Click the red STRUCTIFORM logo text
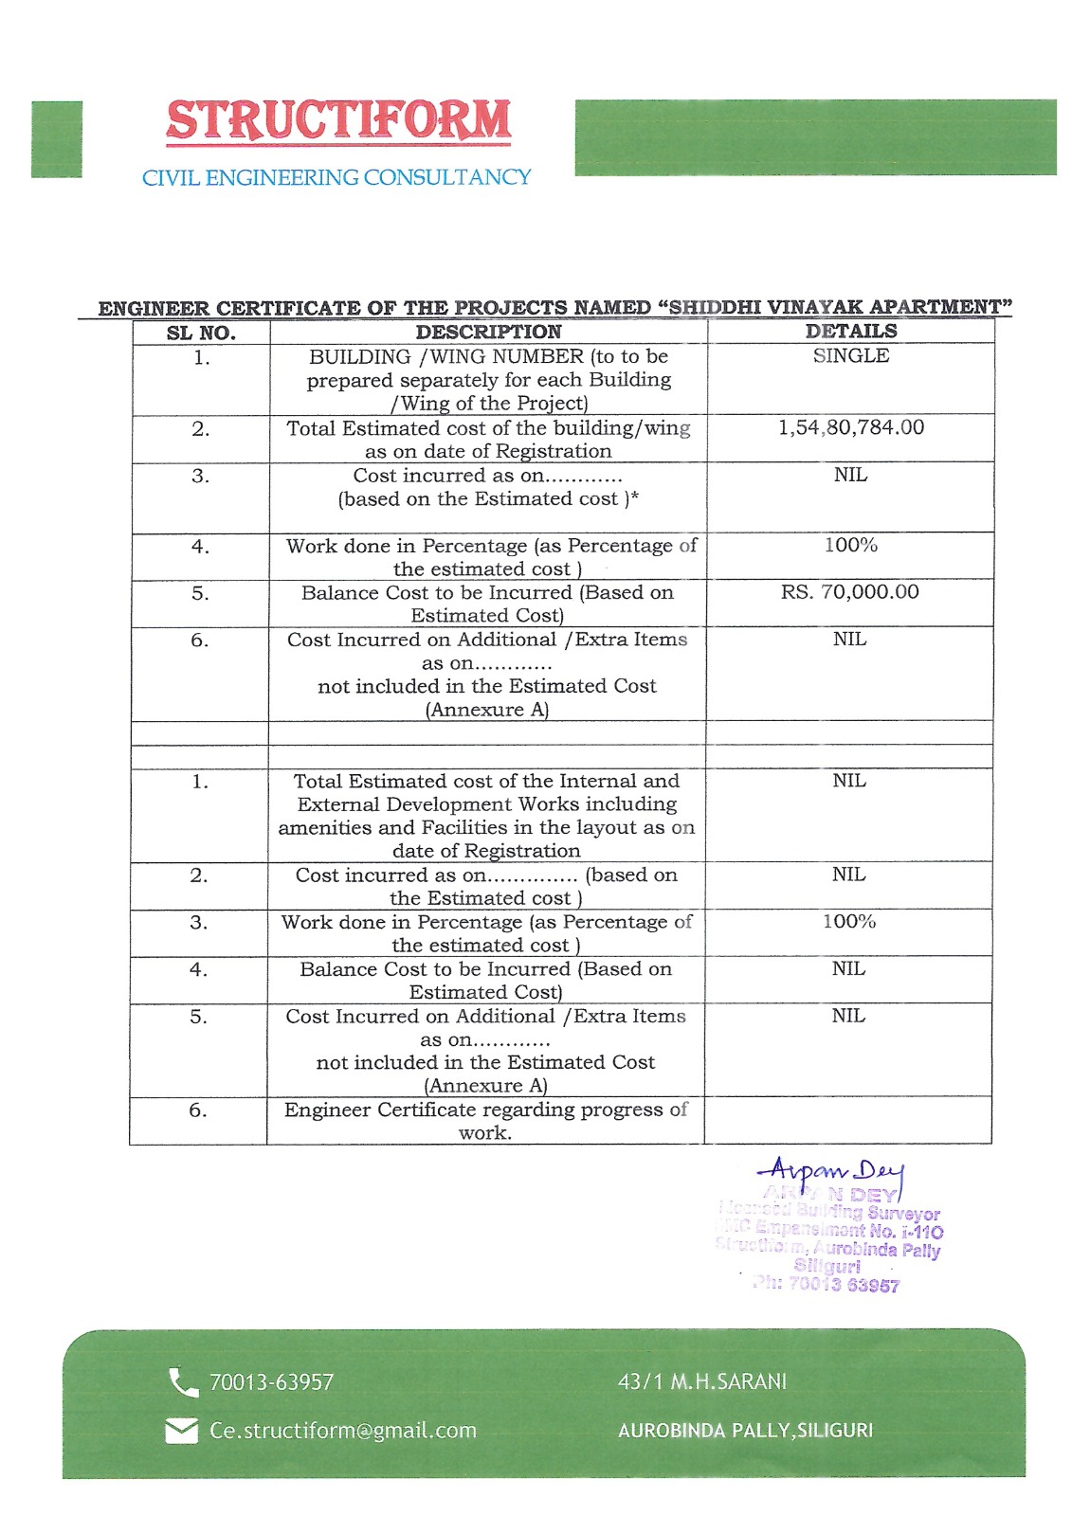[x=338, y=121]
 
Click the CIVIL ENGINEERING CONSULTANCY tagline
[x=336, y=177]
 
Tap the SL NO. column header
[x=201, y=333]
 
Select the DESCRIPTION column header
[x=488, y=332]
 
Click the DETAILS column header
[x=851, y=331]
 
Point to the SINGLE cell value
[x=851, y=355]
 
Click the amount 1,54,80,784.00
[x=851, y=427]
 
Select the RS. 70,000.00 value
[x=850, y=592]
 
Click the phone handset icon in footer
[x=182, y=1382]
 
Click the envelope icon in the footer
[x=181, y=1431]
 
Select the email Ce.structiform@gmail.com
[x=343, y=1431]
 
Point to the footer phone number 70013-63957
[x=271, y=1382]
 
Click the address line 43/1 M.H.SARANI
[x=702, y=1381]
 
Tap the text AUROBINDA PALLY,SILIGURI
[x=745, y=1431]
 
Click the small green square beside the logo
[x=57, y=138]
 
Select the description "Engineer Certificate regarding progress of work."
[x=485, y=1121]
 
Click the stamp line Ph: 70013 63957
[x=827, y=1285]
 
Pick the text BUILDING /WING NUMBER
[x=446, y=357]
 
